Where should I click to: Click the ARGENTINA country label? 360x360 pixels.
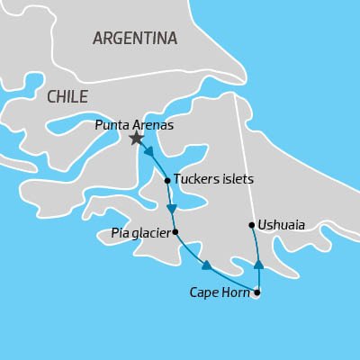coord(135,39)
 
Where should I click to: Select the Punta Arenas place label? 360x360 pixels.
coord(133,125)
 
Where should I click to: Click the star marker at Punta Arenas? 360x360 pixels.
coord(136,138)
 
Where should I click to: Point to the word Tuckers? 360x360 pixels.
coord(195,180)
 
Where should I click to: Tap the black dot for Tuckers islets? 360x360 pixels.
coord(166,181)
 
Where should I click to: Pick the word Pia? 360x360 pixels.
coord(120,233)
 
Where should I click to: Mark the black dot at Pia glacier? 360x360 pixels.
coord(175,232)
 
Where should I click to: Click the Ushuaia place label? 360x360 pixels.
coord(281,225)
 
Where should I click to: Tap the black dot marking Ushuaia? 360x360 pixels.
coord(251,225)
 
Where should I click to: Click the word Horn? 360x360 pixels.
coord(236,292)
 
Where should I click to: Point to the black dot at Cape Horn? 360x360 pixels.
coord(257,292)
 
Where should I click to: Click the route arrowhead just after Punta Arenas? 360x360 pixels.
coord(148,151)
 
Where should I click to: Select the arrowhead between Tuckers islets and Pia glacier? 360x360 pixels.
coord(171,209)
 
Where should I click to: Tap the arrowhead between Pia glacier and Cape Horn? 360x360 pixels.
coord(207,265)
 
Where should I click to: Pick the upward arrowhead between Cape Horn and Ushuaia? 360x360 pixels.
coord(258,265)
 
